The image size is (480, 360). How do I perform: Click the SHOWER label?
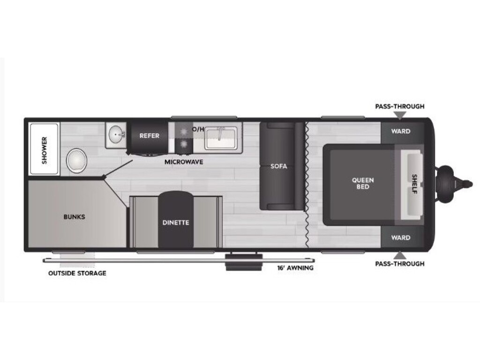pyautogui.click(x=45, y=150)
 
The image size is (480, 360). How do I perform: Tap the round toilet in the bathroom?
pyautogui.click(x=76, y=160)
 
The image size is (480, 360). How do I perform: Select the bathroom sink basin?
pyautogui.click(x=116, y=135)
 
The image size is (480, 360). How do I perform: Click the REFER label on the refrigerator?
pyautogui.click(x=150, y=135)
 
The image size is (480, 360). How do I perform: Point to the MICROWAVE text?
pyautogui.click(x=184, y=162)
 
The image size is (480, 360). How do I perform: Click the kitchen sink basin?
pyautogui.click(x=221, y=138)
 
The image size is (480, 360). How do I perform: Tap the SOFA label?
pyautogui.click(x=278, y=166)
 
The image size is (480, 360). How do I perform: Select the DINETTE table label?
pyautogui.click(x=176, y=223)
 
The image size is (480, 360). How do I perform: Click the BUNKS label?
pyautogui.click(x=74, y=217)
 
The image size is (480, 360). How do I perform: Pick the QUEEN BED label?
pyautogui.click(x=363, y=183)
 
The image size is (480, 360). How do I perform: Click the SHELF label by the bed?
pyautogui.click(x=414, y=184)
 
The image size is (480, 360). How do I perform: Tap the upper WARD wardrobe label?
pyautogui.click(x=400, y=131)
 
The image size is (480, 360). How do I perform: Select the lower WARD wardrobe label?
pyautogui.click(x=400, y=238)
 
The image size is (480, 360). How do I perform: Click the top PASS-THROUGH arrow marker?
pyautogui.click(x=400, y=115)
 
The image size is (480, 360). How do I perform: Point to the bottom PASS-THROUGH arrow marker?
pyautogui.click(x=400, y=255)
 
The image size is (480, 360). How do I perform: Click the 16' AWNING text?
pyautogui.click(x=295, y=268)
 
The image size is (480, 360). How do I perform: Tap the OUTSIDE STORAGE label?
pyautogui.click(x=77, y=273)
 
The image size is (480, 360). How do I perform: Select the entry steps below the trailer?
pyautogui.click(x=244, y=262)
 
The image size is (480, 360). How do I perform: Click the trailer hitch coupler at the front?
pyautogui.click(x=455, y=184)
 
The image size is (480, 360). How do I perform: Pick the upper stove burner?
pyautogui.click(x=184, y=132)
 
